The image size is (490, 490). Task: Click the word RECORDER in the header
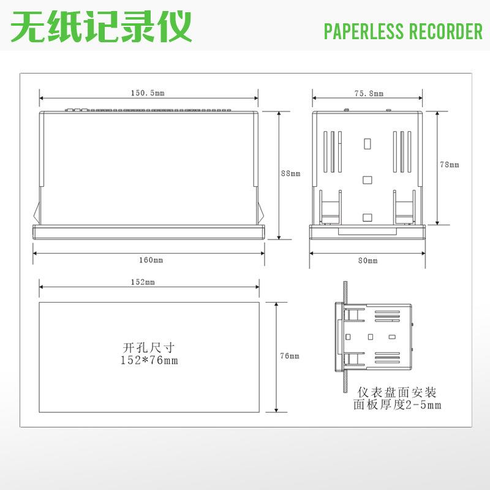click(446, 31)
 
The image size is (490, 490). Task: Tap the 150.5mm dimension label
click(147, 93)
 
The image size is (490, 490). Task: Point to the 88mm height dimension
click(290, 173)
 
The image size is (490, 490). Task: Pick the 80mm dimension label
click(368, 260)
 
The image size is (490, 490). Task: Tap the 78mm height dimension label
click(450, 164)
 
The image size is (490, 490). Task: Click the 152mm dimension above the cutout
click(143, 282)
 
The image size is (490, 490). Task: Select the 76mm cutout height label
click(290, 356)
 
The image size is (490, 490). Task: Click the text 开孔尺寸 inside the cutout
click(149, 347)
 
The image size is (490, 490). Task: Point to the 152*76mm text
click(149, 360)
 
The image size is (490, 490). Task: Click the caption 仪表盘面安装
click(397, 393)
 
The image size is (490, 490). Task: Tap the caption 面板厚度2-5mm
click(397, 405)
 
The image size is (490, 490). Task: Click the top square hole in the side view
click(367, 144)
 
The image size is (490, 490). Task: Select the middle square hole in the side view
click(367, 179)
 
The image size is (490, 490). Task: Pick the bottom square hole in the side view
click(367, 217)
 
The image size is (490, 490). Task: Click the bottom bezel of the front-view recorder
click(148, 232)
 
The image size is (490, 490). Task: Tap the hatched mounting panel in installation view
click(344, 337)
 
